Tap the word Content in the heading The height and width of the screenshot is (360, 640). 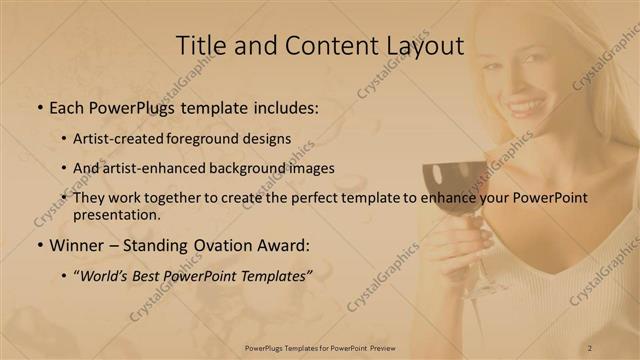323,46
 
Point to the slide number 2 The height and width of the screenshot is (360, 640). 590,347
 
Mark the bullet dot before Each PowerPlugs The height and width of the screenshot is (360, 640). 38,107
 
